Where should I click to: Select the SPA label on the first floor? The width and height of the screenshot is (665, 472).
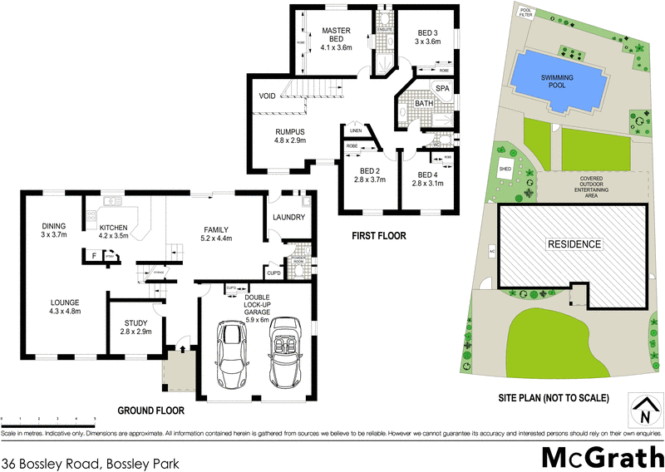click(442, 87)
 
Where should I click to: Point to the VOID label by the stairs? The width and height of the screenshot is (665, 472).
click(267, 96)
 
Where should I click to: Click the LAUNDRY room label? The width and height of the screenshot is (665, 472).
click(288, 219)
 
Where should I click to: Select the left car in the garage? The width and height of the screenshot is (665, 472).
click(230, 353)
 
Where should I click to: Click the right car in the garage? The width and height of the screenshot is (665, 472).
click(287, 354)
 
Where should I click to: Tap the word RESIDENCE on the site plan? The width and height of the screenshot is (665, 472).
click(574, 244)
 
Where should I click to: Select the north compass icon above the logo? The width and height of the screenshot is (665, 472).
click(645, 407)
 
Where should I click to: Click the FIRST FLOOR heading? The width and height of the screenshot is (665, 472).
click(378, 236)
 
